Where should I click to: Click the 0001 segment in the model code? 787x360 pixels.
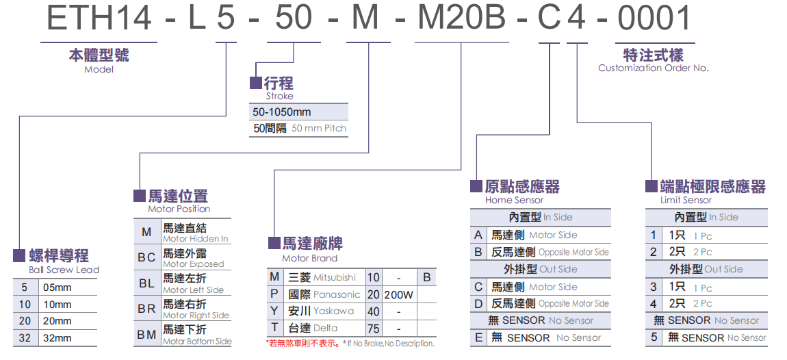tap(654, 18)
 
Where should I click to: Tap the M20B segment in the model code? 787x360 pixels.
tap(461, 18)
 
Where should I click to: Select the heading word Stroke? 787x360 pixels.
tap(280, 97)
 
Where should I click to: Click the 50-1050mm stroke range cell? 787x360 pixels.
tap(282, 112)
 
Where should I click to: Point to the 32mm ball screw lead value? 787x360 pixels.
tap(57, 337)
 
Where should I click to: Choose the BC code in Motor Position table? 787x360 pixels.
tap(146, 257)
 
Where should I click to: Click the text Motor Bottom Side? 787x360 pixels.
tap(197, 342)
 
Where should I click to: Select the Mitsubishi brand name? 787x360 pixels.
tap(335, 278)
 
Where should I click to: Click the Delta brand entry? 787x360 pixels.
tap(326, 328)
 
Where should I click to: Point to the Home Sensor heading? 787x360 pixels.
tap(514, 201)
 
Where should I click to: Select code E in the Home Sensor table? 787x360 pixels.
tap(478, 337)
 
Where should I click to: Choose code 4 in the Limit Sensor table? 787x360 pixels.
tap(654, 303)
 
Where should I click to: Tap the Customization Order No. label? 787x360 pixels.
tap(653, 68)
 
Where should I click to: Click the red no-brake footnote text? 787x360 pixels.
tap(302, 344)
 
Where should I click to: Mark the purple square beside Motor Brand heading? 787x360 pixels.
tap(274, 243)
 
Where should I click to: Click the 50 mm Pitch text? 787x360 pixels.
tap(319, 129)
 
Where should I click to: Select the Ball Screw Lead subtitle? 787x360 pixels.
tap(64, 270)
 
